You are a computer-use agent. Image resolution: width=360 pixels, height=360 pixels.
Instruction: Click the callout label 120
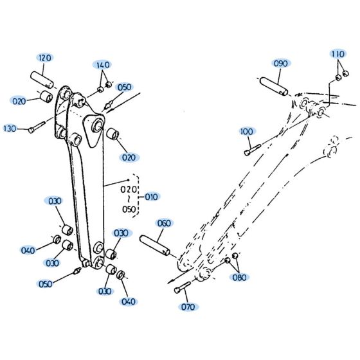pyautogui.click(x=44, y=59)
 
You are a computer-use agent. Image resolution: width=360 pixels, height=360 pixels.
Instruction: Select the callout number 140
pyautogui.click(x=103, y=66)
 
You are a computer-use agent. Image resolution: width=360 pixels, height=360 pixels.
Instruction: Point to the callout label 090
pyautogui.click(x=281, y=63)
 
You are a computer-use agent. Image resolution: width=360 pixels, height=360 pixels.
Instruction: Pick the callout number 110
pyautogui.click(x=339, y=53)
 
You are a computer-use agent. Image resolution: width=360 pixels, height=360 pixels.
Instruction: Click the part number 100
pyautogui.click(x=247, y=131)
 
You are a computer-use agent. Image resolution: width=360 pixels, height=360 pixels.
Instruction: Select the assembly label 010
pyautogui.click(x=152, y=197)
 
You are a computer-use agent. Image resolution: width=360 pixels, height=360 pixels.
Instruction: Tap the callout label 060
pyautogui.click(x=164, y=223)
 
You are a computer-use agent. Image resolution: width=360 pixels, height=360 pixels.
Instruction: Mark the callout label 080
pyautogui.click(x=240, y=277)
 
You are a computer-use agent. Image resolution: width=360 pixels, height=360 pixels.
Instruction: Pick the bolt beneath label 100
pyautogui.click(x=251, y=150)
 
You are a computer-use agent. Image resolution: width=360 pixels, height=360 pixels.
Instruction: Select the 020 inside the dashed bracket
pyautogui.click(x=129, y=190)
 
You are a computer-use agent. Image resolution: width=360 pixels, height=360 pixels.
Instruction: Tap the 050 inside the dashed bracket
pyautogui.click(x=129, y=209)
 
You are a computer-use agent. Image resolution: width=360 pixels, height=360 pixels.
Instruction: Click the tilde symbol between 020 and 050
pyautogui.click(x=129, y=200)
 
